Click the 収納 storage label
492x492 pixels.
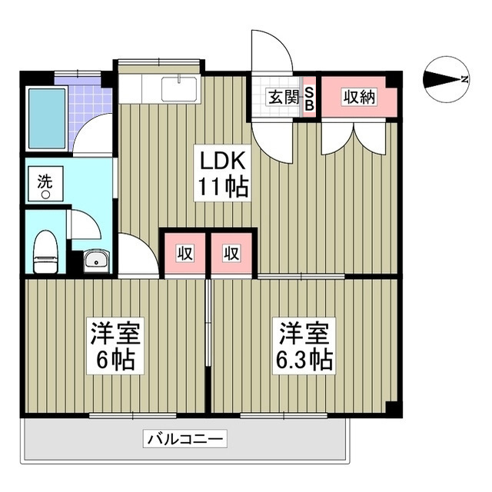(358, 98)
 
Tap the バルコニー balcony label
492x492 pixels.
(184, 440)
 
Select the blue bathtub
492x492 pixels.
(46, 118)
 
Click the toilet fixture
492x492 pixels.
(47, 252)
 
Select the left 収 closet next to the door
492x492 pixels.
(184, 253)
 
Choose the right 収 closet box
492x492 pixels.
(231, 253)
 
